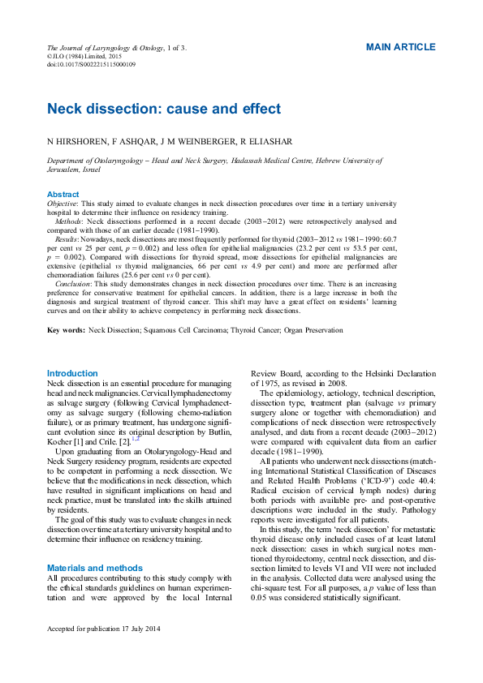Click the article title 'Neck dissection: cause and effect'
163,109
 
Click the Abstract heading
63,195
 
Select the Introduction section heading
73,372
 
